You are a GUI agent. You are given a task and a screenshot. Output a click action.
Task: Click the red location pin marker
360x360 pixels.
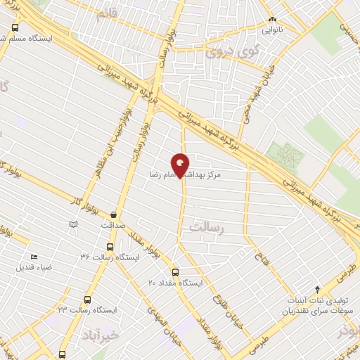pos(181,165)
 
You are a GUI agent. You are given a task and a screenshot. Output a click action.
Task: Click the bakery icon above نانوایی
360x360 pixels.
pos(273,20)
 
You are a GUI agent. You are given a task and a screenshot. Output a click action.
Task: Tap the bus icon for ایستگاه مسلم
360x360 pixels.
pos(15,27)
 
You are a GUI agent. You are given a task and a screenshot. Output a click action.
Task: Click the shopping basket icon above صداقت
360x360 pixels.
pos(114,214)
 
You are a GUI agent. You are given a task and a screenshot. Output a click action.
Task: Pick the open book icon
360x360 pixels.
pos(73,224)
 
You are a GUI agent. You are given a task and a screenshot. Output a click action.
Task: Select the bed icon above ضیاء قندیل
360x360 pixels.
pos(33,257)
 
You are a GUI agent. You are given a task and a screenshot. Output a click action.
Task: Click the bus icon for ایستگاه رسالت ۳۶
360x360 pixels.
pos(109,247)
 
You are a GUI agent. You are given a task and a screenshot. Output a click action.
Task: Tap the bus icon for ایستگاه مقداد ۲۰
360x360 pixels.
pos(175,272)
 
